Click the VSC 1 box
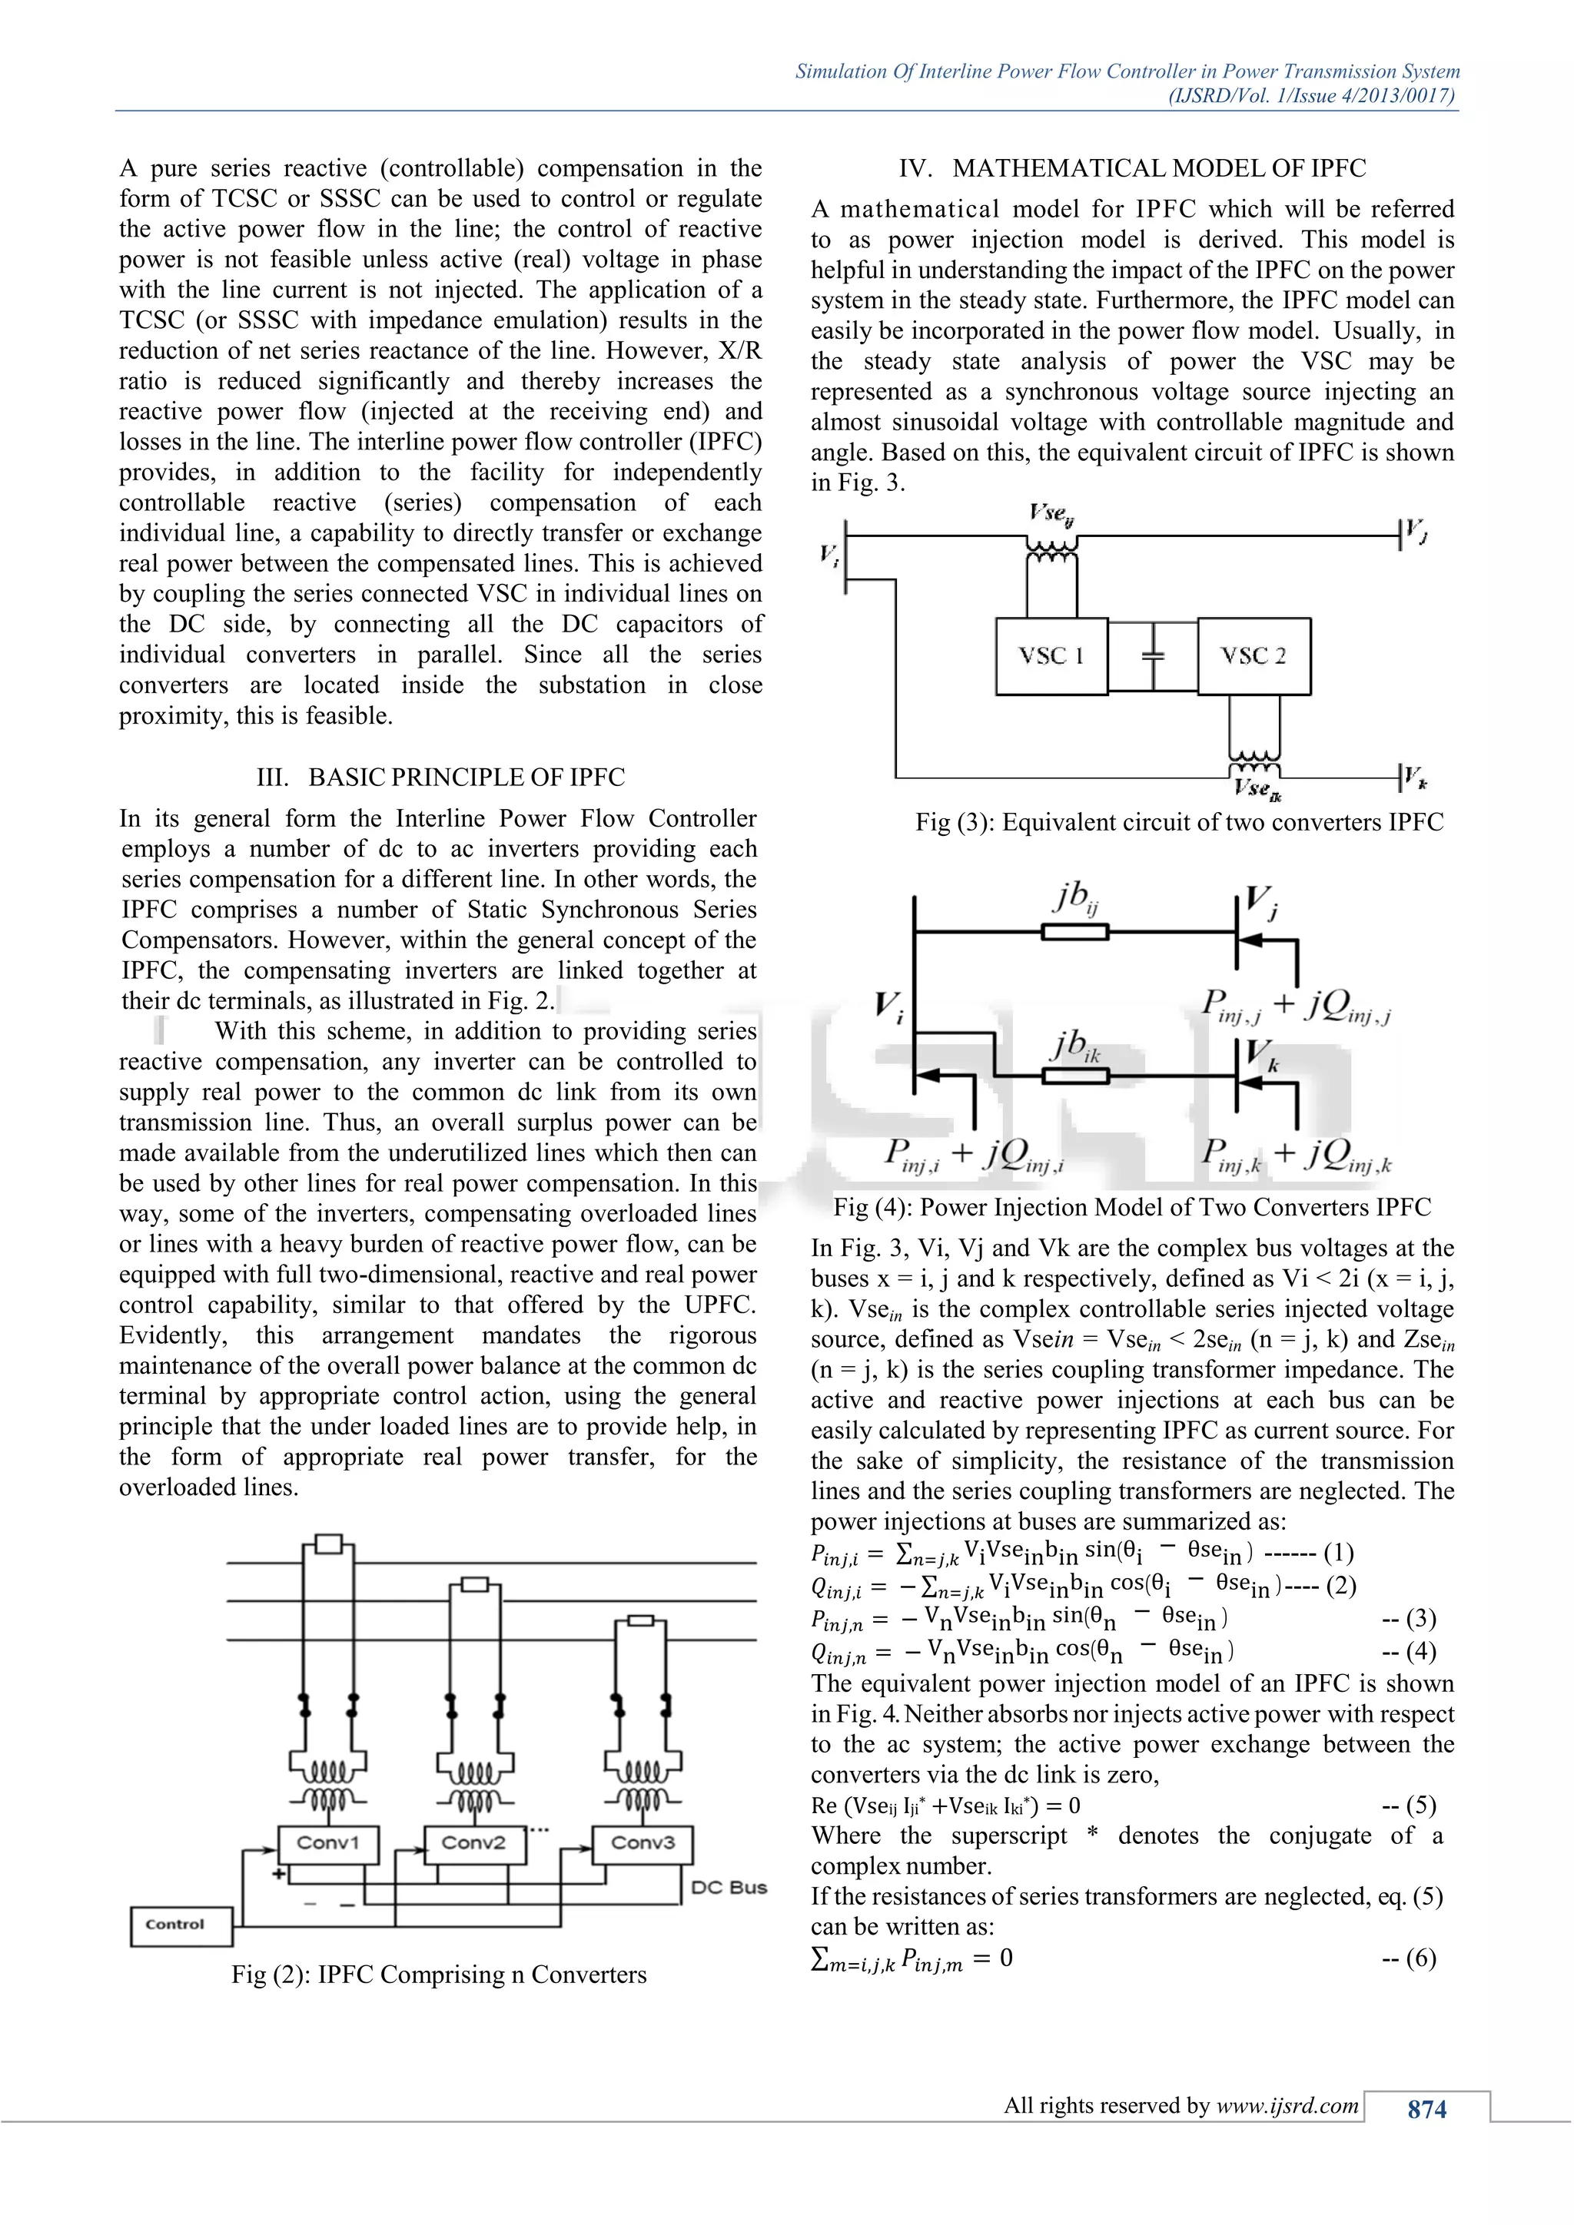pos(1051,656)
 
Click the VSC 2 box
pos(1254,656)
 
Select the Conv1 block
pos(327,1842)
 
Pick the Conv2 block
pos(474,1842)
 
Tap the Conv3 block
pos(642,1842)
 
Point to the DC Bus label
pos(729,1887)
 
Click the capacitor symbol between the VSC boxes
pos(1152,655)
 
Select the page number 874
pos(1426,2110)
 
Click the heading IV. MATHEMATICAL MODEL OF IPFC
pos(1132,168)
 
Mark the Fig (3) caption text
pos(1178,822)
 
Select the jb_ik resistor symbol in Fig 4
pos(1075,1075)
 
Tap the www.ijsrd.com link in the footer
pos(1287,2105)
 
